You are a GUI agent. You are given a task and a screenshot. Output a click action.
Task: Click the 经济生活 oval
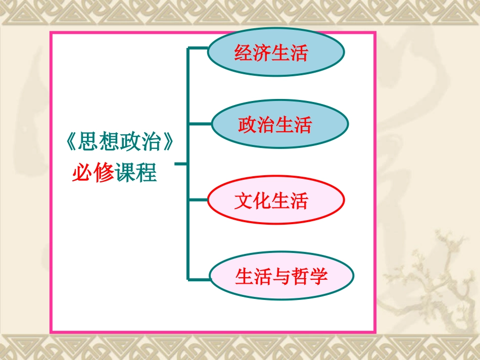tap(275, 53)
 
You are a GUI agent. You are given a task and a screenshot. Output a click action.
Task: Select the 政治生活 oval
tap(279, 124)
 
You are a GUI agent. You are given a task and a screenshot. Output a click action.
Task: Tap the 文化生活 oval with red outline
tap(275, 201)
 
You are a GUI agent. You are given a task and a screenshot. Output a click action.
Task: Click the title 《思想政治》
tap(120, 143)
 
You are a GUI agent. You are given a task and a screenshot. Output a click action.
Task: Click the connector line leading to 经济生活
tap(198, 48)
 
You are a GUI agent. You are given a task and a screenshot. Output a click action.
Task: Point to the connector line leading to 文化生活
tap(198, 200)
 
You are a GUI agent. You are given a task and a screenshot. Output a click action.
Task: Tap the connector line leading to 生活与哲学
tap(199, 278)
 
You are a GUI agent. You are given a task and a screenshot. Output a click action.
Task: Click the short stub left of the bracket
tap(180, 164)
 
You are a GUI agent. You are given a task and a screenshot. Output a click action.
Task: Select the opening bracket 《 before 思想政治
tap(71, 143)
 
